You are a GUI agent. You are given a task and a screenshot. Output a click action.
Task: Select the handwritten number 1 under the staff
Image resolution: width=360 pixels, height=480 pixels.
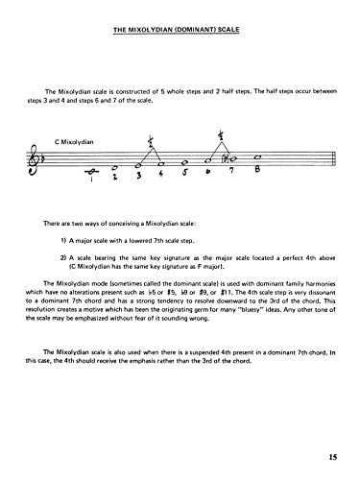[90, 180]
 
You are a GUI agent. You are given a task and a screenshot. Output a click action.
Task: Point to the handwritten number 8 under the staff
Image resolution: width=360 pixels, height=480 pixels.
[257, 173]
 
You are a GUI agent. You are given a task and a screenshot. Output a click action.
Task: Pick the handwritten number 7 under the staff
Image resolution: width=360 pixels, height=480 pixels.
[231, 174]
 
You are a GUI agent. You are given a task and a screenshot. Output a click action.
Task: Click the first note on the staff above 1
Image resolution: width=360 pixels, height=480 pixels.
[91, 170]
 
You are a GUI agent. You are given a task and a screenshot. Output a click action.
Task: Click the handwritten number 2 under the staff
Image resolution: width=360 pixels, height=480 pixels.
[114, 179]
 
